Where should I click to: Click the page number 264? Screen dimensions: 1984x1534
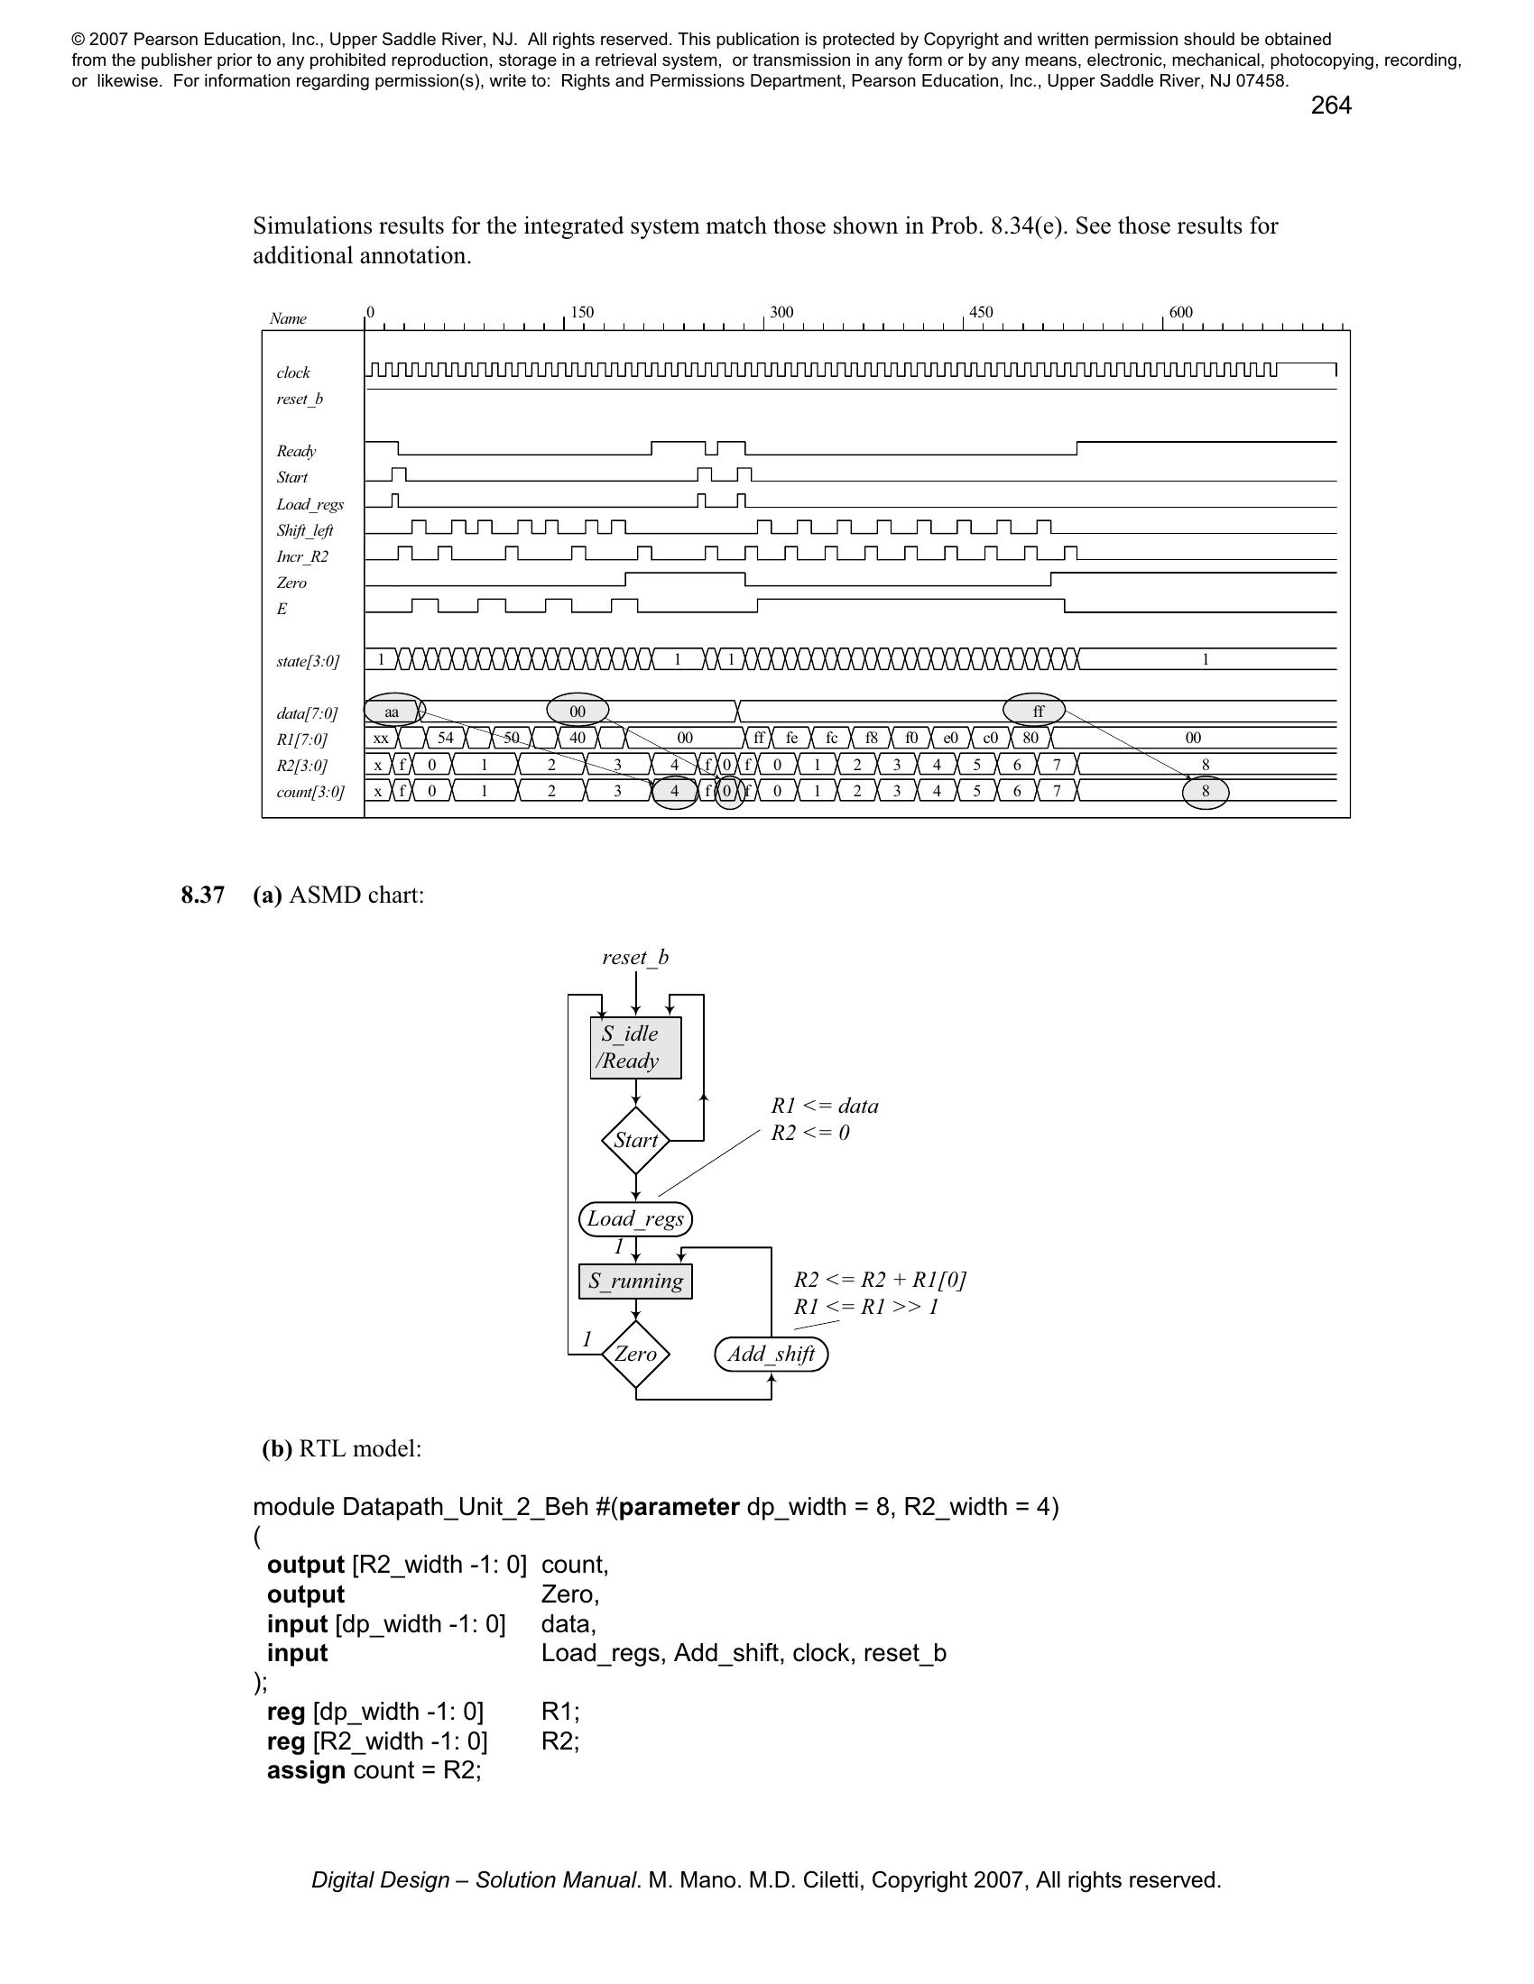click(x=1330, y=106)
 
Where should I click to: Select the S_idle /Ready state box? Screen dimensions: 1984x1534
click(x=635, y=1047)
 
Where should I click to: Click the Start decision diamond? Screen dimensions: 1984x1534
click(x=635, y=1140)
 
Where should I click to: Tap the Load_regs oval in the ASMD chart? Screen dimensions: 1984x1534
click(x=635, y=1219)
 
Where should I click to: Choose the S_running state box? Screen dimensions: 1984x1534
click(x=635, y=1281)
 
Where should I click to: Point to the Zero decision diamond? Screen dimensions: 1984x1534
click(x=635, y=1355)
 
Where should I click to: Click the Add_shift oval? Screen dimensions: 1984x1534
click(x=772, y=1355)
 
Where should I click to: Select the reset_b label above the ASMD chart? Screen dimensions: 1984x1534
click(x=635, y=958)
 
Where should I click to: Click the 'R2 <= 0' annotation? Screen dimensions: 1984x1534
click(x=809, y=1133)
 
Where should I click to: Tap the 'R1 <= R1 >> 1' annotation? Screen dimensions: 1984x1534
click(x=865, y=1307)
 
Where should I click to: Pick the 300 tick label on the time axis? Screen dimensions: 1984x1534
click(x=781, y=313)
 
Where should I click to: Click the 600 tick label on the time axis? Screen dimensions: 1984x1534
click(x=1180, y=313)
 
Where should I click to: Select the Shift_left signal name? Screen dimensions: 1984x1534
click(x=304, y=530)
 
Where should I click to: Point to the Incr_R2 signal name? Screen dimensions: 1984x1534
click(x=302, y=556)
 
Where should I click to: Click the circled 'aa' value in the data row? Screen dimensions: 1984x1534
click(x=393, y=712)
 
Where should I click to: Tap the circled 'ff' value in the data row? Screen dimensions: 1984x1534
click(x=1038, y=712)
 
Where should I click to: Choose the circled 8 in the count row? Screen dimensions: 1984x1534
click(x=1205, y=791)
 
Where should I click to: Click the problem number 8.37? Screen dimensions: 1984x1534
click(x=203, y=896)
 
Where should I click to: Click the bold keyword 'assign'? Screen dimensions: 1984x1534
click(x=305, y=1770)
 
